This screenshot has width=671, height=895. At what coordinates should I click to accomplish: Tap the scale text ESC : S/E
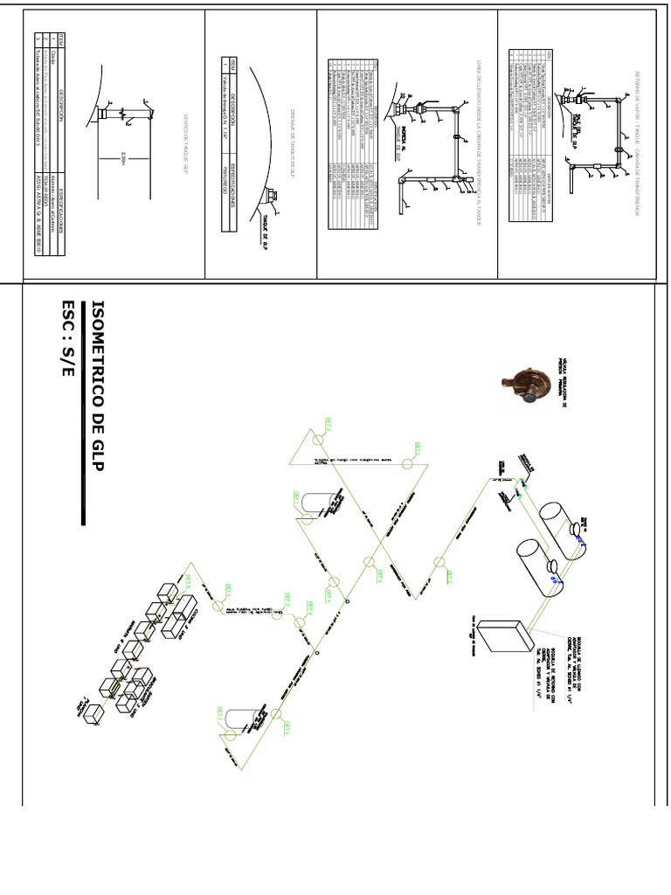coord(69,337)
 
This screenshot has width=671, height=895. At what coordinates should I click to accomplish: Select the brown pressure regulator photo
coord(521,385)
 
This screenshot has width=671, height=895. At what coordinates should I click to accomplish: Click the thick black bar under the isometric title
coord(84,412)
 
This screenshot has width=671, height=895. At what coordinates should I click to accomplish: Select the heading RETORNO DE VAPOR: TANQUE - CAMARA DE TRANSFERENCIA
coord(638,143)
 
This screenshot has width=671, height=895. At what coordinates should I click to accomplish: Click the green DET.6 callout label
coord(186,579)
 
